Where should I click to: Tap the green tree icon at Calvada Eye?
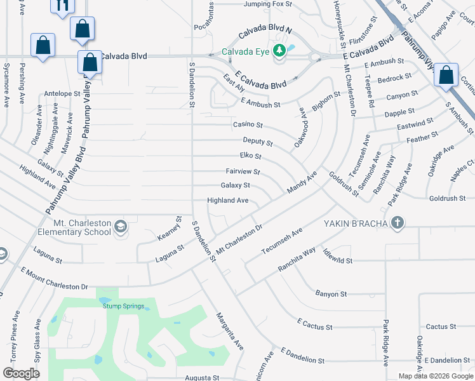278,51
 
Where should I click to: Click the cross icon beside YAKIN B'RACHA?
398,222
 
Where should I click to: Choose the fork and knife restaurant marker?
62,6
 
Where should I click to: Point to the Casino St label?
248,125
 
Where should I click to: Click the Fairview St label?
243,171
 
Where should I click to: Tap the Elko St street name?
250,156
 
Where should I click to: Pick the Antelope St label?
62,93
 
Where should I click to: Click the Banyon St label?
331,294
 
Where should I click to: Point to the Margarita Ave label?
229,331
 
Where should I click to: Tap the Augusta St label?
202,377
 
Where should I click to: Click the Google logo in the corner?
22,373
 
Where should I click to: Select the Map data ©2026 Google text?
435,376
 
